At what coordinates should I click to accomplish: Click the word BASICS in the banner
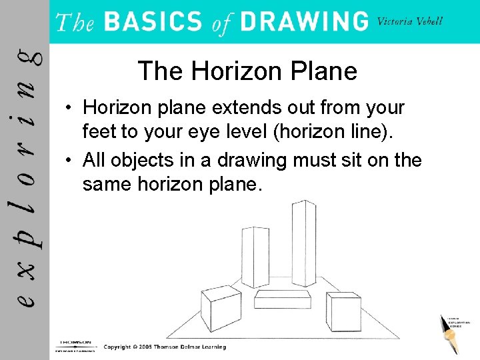153,22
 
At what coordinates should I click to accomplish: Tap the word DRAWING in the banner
305,22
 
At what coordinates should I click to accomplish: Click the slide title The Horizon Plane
247,71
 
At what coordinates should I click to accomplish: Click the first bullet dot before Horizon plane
69,108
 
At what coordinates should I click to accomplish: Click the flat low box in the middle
283,299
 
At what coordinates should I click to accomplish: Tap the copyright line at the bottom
165,347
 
